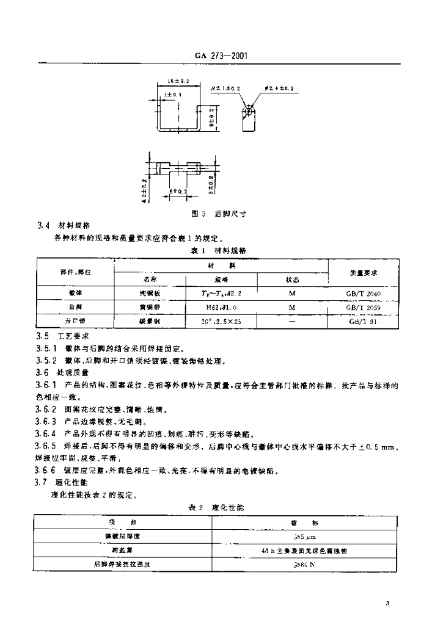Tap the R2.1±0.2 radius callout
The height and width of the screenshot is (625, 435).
[225, 89]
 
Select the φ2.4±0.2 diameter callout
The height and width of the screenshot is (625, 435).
[279, 89]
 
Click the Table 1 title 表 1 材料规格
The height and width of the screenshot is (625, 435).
[217, 250]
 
